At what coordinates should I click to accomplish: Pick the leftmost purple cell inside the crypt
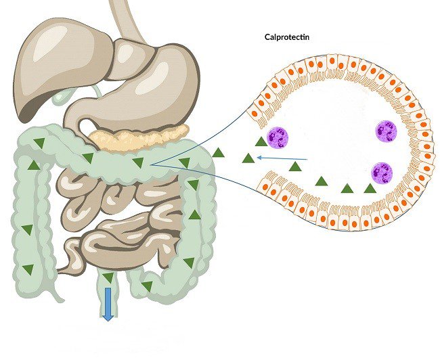(278, 137)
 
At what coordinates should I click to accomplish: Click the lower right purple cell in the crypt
(382, 172)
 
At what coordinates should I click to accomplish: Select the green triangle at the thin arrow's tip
(248, 159)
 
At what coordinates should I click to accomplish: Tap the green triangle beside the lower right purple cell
(370, 188)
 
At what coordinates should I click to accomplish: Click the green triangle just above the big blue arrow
(108, 277)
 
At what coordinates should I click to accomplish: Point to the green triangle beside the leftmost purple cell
(261, 141)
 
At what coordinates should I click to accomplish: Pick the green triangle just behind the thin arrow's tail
(296, 166)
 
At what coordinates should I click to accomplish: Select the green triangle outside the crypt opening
(218, 153)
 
